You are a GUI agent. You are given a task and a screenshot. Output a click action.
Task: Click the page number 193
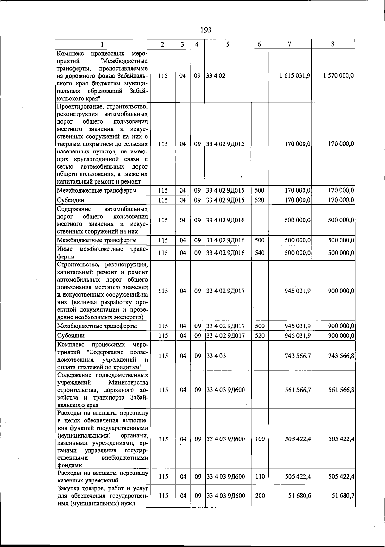pyautogui.click(x=206, y=30)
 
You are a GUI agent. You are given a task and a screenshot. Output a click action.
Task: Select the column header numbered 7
pyautogui.click(x=289, y=44)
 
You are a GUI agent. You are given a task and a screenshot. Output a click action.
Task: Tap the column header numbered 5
pyautogui.click(x=227, y=44)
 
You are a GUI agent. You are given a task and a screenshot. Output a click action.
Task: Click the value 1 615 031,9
pyautogui.click(x=295, y=76)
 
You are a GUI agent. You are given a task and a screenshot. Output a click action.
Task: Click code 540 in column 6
pyautogui.click(x=259, y=253)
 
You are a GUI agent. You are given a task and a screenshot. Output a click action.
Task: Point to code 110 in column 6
pyautogui.click(x=260, y=477)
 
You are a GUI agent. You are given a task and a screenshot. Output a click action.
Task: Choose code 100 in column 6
pyautogui.click(x=260, y=439)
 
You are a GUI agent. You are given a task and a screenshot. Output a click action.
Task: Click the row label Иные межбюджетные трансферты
pyautogui.click(x=102, y=253)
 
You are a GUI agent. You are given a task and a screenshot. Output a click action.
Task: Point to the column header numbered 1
pyautogui.click(x=102, y=44)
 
